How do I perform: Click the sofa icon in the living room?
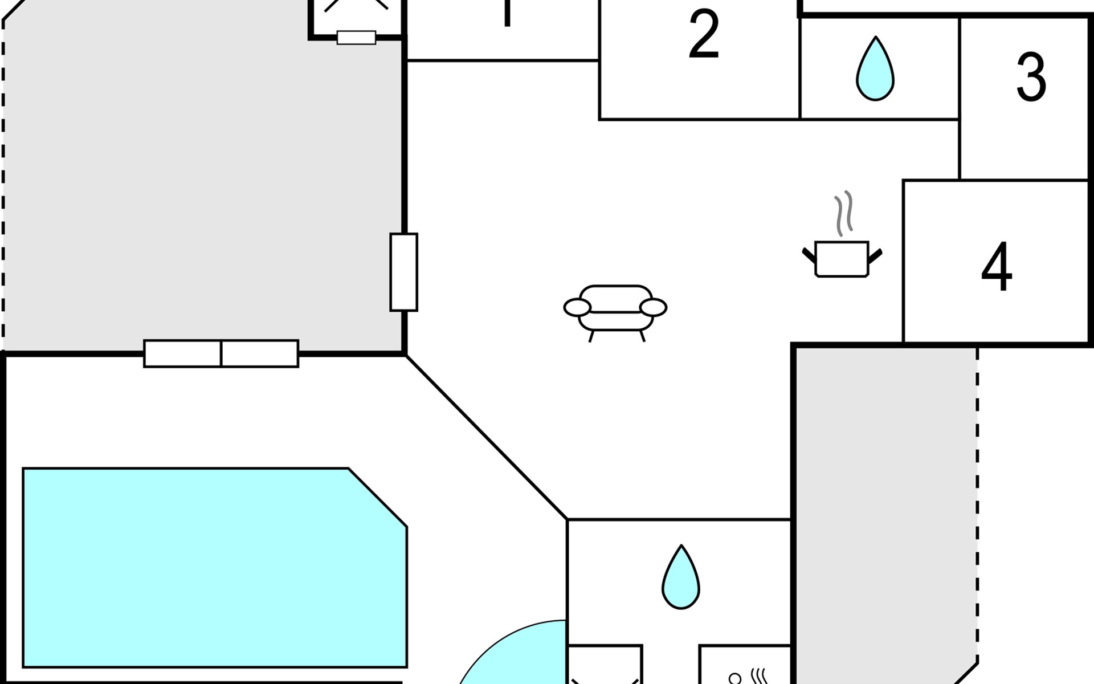pos(615,311)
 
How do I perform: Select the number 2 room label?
pos(704,34)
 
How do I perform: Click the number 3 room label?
pos(1031,77)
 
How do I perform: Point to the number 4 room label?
pos(997,266)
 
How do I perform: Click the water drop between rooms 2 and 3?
pos(875,70)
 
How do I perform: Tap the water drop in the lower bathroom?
pos(681,578)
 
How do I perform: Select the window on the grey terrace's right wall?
pos(403,272)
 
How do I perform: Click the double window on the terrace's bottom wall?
pos(221,353)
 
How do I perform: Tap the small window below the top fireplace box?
pos(356,38)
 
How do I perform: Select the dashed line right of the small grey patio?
pos(977,502)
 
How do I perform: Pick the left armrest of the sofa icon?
pos(577,307)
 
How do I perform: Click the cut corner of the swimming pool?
pos(378,497)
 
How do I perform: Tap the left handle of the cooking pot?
pos(809,255)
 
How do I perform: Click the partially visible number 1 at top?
pos(507,13)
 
